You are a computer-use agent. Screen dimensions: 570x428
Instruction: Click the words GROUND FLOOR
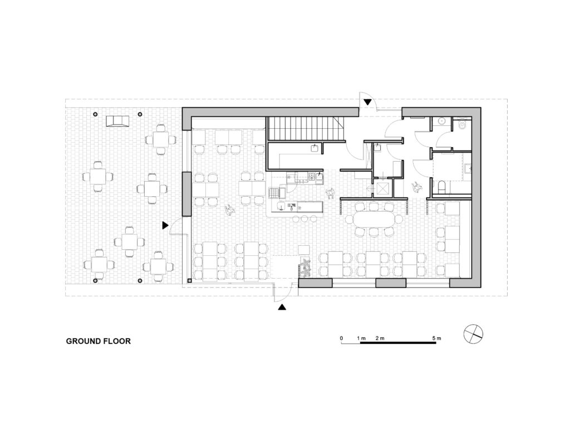point(98,341)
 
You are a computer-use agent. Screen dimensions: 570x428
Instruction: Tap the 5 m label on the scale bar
point(436,338)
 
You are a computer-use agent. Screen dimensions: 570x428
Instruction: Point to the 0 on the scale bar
point(341,338)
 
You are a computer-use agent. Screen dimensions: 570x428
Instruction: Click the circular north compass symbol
point(474,334)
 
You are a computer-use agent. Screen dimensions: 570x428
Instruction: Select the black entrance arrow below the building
point(282,308)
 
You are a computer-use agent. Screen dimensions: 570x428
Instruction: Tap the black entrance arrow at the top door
point(368,103)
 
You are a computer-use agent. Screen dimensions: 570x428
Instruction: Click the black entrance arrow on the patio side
point(165,226)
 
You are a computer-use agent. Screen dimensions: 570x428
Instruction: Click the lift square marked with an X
point(383,188)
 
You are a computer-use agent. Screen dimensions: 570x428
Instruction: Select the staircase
point(306,129)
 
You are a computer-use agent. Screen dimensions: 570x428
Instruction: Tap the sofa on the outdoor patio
point(117,121)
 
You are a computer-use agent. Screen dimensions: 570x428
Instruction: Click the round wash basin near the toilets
point(442,121)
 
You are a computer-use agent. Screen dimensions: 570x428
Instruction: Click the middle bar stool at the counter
point(304,218)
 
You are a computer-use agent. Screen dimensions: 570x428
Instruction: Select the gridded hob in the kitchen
point(273,192)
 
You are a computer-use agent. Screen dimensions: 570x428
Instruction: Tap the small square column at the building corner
point(189,281)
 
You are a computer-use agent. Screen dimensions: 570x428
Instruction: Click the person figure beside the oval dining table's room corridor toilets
point(416,187)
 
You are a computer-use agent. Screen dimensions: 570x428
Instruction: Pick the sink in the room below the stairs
point(315,148)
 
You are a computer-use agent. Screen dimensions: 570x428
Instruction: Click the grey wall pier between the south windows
point(391,283)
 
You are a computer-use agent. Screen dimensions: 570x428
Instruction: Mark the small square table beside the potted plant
point(304,250)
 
